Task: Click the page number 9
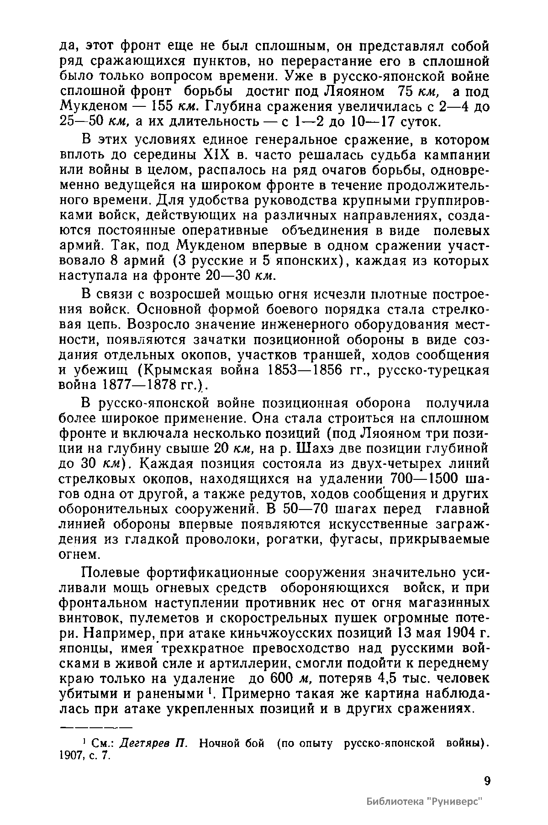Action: click(x=486, y=781)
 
